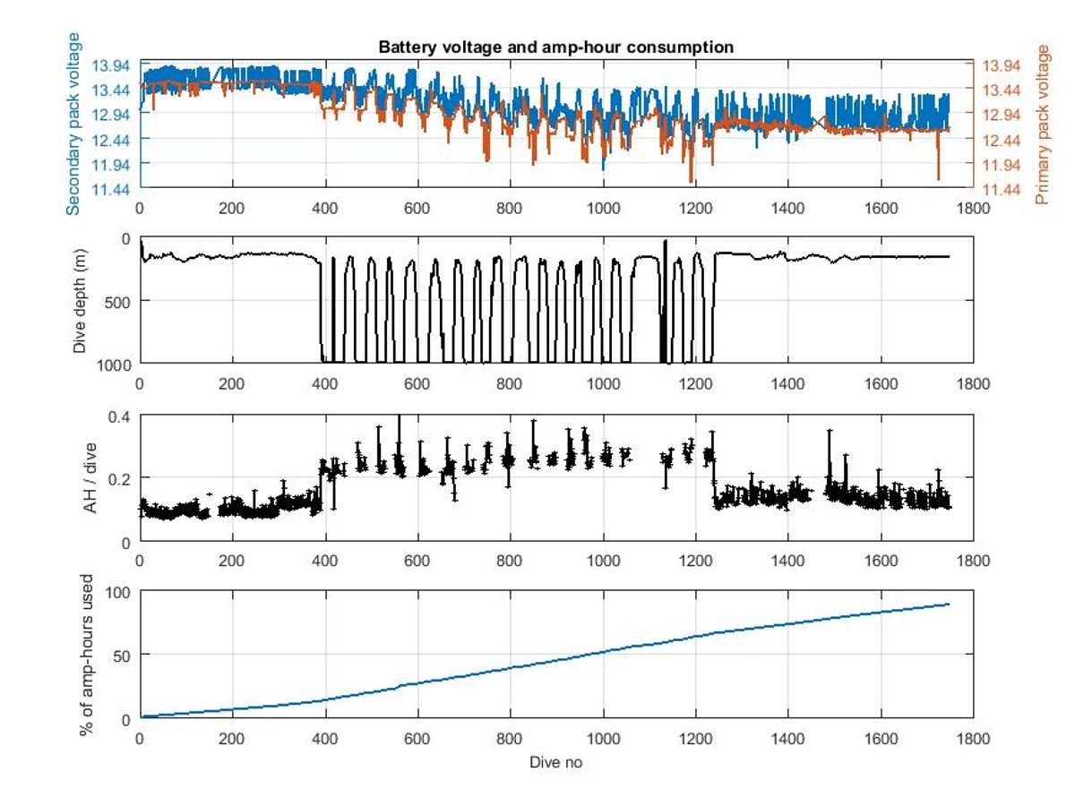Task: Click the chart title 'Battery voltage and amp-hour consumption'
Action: click(555, 47)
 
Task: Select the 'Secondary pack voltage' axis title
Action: click(73, 124)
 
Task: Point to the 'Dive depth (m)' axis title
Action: click(80, 301)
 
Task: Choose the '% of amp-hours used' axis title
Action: click(87, 656)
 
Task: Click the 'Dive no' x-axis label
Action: click(556, 762)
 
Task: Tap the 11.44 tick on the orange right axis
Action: click(1002, 189)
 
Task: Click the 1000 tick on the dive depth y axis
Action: click(114, 364)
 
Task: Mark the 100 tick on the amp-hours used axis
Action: click(117, 592)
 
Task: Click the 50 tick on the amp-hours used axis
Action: click(121, 655)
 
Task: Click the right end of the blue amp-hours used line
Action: click(949, 604)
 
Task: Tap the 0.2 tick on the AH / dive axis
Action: click(121, 478)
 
